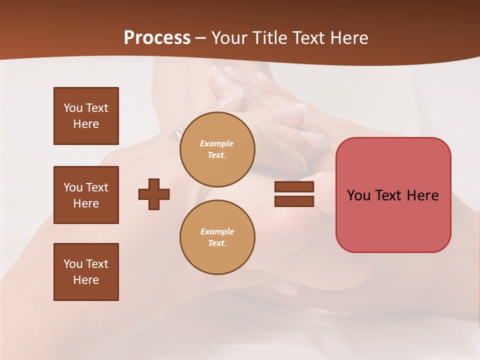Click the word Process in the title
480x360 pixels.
(157, 38)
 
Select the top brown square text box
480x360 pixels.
(86, 116)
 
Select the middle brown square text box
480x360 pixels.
(86, 195)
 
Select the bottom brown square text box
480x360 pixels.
(86, 272)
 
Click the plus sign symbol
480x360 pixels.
(154, 194)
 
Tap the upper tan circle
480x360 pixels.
(217, 149)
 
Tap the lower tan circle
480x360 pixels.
(217, 237)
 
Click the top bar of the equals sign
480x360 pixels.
(294, 187)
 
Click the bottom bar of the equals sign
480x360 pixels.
(294, 201)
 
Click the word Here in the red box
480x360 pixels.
(422, 195)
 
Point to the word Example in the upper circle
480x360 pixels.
(216, 143)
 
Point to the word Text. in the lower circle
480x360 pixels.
(217, 243)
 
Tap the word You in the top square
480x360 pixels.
(73, 108)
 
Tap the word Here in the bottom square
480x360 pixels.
(86, 280)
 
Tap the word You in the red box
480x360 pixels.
(358, 195)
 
